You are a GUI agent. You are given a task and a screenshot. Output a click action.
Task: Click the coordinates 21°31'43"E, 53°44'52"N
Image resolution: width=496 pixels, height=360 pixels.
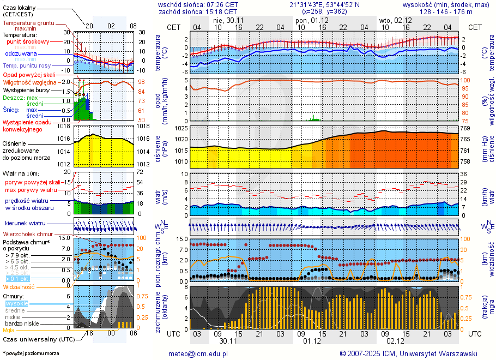coord(325,4)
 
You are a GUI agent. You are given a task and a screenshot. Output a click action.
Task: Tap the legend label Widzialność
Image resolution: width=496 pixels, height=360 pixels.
coord(19,286)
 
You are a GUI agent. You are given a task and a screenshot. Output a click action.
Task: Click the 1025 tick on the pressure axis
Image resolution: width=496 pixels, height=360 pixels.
coord(182,128)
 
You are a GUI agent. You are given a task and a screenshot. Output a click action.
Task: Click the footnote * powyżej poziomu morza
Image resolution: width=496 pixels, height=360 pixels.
coord(31,353)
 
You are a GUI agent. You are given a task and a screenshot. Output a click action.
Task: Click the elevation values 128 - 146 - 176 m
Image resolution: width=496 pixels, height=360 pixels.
coord(446,11)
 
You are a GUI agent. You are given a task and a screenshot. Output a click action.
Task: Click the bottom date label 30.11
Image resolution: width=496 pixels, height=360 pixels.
coord(227,341)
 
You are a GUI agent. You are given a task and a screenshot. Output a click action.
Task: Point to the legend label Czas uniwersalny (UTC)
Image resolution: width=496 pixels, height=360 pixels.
coord(39,339)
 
